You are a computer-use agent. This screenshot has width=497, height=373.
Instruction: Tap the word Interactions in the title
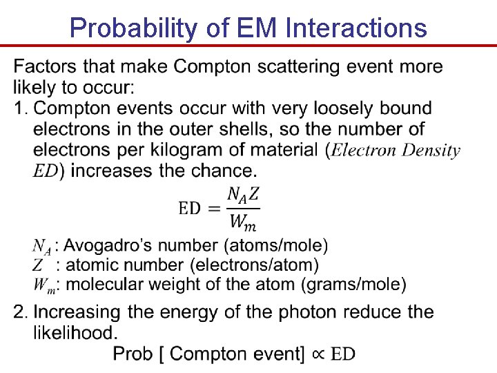355,28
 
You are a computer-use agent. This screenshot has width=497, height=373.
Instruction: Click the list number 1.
20,108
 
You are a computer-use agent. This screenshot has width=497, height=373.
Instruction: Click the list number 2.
20,312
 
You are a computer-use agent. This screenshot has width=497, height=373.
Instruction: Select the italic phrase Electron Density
396,150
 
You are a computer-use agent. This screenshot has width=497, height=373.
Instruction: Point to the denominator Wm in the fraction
244,222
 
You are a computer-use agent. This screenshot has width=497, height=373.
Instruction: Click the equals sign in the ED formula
214,209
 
